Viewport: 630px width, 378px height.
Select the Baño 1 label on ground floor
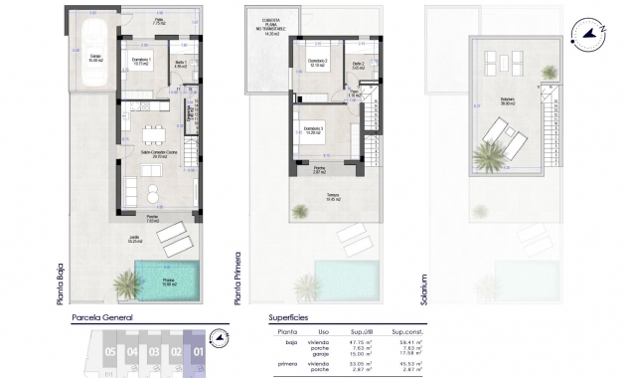(x=180, y=64)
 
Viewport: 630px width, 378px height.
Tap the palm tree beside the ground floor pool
(x=126, y=283)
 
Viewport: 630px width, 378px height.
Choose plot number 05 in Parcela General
(x=109, y=351)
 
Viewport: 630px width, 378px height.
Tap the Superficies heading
(x=294, y=319)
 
